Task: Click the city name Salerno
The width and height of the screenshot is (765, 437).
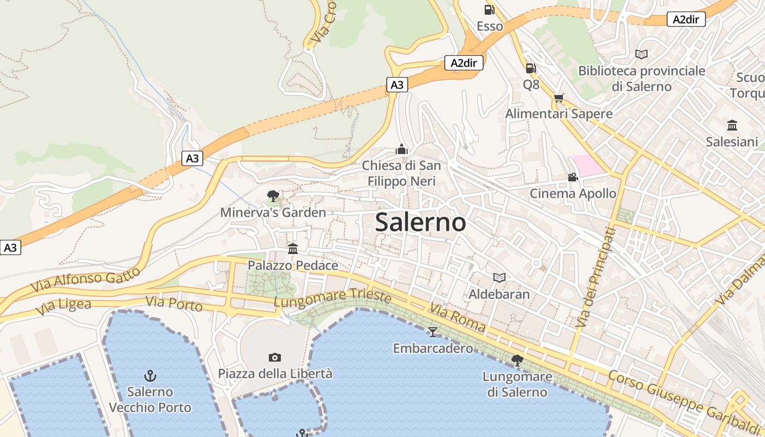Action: tap(421, 222)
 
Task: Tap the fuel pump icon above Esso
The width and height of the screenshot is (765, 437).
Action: tap(489, 9)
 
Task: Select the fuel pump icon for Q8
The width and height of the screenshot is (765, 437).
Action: tap(530, 68)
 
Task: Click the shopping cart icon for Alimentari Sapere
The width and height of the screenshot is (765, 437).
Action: tap(558, 98)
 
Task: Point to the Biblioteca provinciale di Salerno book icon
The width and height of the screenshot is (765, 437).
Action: tap(642, 55)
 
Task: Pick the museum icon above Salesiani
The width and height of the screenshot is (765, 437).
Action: tap(732, 126)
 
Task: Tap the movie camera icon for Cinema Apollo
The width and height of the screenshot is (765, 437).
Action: tap(573, 178)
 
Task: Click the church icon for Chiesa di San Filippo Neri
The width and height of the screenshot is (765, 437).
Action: tap(402, 149)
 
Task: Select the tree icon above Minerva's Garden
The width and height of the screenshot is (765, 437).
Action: tap(273, 196)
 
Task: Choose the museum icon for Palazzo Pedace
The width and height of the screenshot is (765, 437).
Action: tap(293, 249)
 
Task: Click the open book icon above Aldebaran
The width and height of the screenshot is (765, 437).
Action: tap(499, 277)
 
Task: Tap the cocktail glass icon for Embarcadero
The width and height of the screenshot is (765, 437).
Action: tap(433, 332)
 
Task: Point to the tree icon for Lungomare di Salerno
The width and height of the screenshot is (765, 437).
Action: tap(517, 360)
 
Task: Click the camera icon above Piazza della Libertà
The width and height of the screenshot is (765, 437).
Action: tap(275, 357)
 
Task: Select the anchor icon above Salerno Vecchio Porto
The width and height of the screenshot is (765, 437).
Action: tap(150, 375)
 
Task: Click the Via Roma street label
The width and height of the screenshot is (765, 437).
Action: tap(457, 318)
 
